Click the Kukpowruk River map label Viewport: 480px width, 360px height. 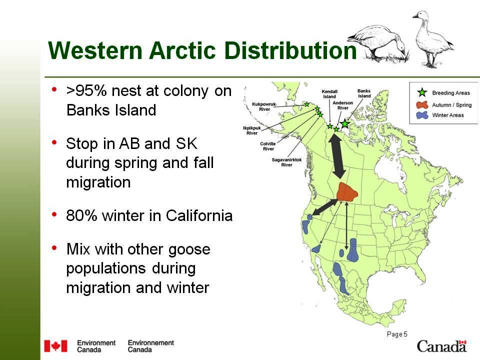264,106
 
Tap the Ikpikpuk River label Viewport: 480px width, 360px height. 252,130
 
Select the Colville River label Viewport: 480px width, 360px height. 268,146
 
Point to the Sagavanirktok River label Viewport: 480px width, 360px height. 287,162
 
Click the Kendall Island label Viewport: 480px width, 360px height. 329,93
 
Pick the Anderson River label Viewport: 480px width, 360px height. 343,105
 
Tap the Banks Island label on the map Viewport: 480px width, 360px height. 364,93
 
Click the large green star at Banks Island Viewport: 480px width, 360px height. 345,123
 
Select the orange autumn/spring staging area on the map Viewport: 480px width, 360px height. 347,191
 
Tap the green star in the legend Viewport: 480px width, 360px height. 422,92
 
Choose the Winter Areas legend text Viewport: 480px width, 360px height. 448,115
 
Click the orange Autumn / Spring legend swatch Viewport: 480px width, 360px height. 422,104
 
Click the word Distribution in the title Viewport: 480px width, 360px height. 290,50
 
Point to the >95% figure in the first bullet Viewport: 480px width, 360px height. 86,91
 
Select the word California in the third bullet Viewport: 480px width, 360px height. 199,215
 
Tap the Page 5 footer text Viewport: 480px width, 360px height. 397,334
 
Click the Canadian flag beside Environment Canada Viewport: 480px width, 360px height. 55,346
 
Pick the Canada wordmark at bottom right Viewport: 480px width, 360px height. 441,346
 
